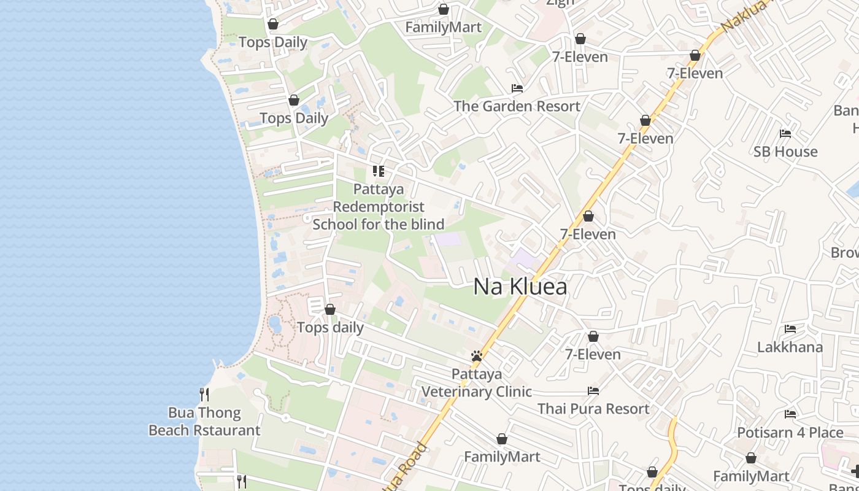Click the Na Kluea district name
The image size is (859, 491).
click(520, 287)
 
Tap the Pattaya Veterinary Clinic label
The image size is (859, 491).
click(477, 383)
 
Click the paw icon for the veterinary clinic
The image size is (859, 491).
click(477, 356)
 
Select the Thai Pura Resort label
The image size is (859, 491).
click(593, 409)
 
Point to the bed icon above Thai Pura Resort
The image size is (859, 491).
click(593, 390)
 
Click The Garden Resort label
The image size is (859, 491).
click(517, 106)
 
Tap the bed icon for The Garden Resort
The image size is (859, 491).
click(517, 88)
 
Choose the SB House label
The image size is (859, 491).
click(785, 152)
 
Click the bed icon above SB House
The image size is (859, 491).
click(785, 134)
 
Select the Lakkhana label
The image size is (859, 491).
click(790, 347)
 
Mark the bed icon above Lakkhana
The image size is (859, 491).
click(790, 330)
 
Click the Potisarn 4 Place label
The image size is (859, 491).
click(790, 433)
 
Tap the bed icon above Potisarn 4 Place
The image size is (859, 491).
click(790, 414)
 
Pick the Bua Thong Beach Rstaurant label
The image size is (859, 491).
click(204, 422)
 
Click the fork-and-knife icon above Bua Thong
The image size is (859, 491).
click(204, 394)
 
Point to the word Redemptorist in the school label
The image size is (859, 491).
click(379, 206)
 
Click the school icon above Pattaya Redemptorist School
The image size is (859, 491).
click(379, 171)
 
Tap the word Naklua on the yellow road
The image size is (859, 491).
click(743, 16)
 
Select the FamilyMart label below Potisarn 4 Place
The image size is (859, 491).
click(751, 476)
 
